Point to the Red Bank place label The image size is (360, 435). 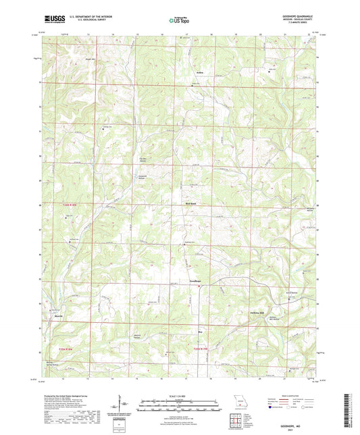(190, 203)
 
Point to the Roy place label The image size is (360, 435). (200, 332)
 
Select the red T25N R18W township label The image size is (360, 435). (85, 348)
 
